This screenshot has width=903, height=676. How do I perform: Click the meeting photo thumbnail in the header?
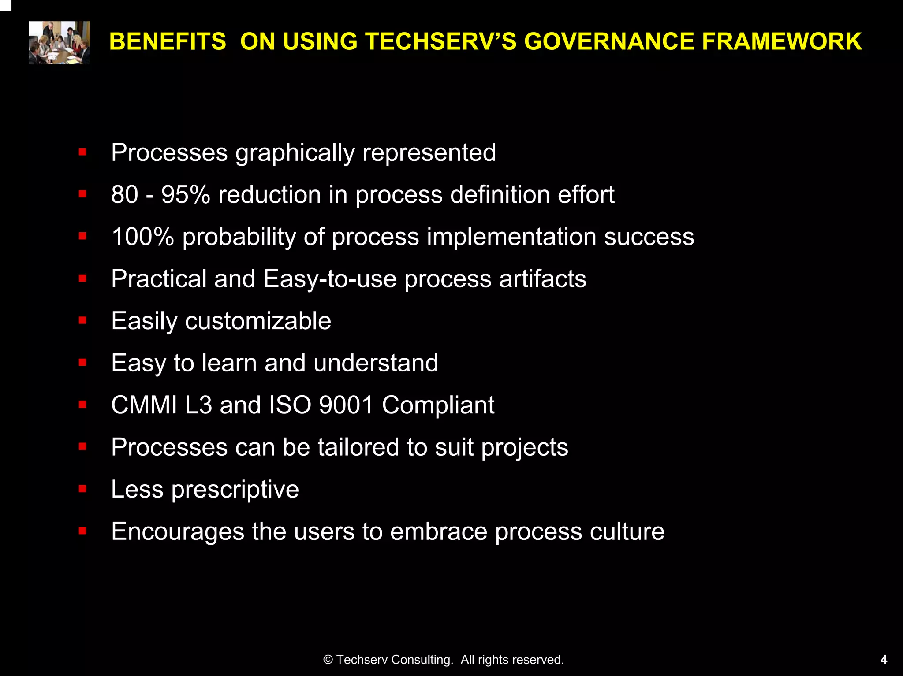click(59, 43)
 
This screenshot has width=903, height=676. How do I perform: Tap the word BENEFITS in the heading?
click(168, 41)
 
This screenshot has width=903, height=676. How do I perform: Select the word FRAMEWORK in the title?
click(781, 41)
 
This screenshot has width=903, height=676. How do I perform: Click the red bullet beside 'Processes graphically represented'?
click(82, 152)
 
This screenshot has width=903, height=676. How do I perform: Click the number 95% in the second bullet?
click(186, 194)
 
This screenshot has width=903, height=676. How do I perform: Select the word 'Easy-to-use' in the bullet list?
click(330, 279)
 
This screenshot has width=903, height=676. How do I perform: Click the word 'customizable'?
click(258, 321)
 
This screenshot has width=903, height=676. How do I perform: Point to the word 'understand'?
click(376, 363)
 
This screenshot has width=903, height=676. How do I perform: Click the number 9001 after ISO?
click(346, 405)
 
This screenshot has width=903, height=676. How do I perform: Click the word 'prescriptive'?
click(235, 490)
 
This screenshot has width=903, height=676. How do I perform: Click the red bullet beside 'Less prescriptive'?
click(82, 489)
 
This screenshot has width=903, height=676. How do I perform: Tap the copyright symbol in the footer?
click(328, 660)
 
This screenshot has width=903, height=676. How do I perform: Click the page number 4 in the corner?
click(884, 660)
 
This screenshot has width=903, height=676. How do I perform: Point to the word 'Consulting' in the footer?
click(422, 660)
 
